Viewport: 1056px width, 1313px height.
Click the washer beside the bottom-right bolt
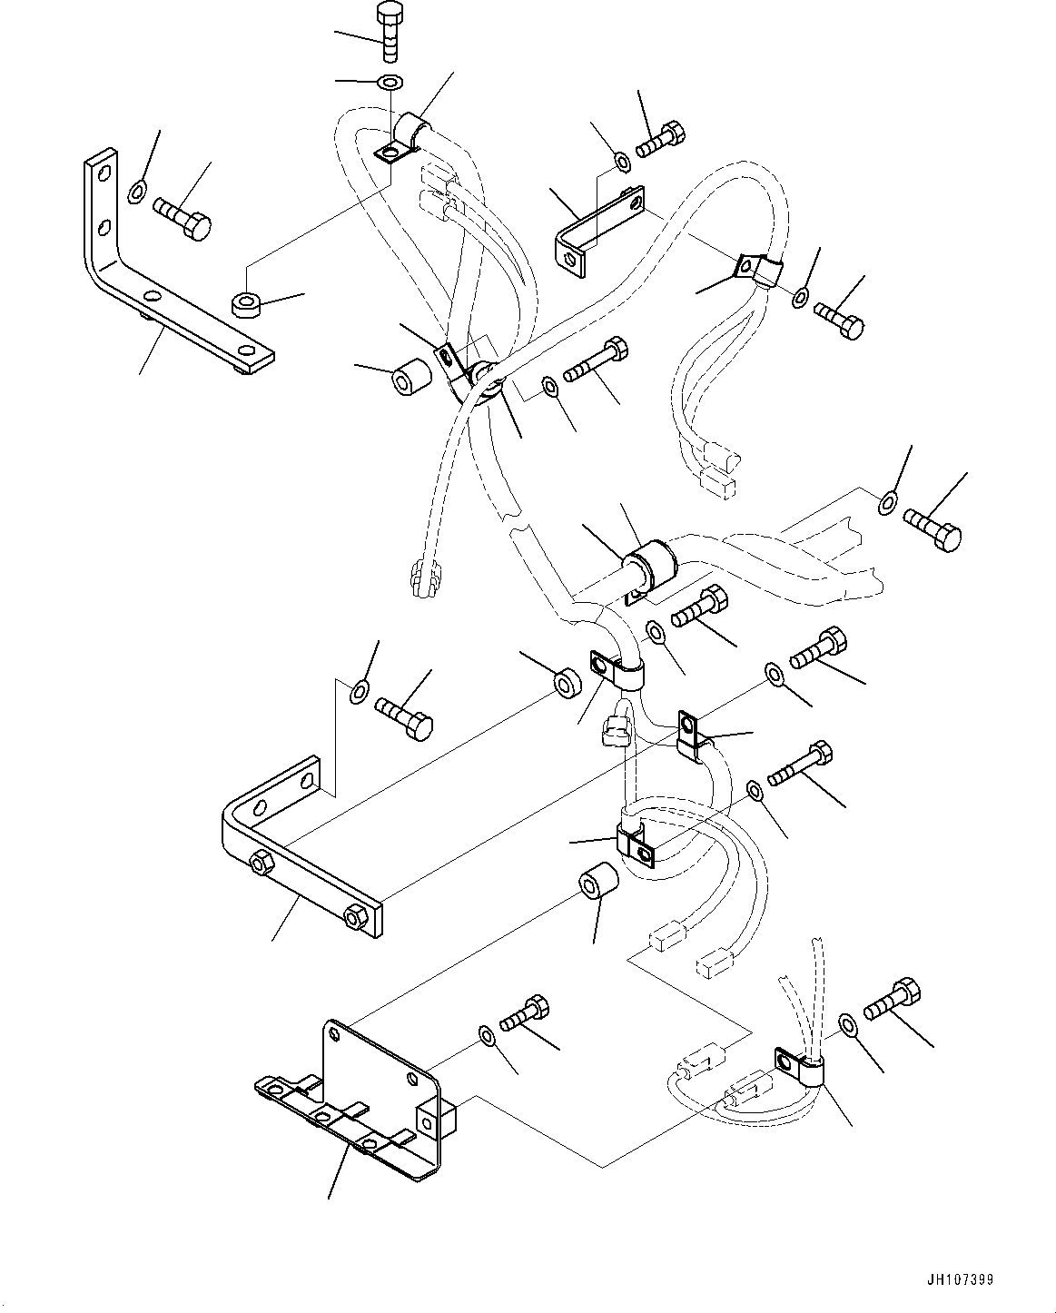point(847,1026)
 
